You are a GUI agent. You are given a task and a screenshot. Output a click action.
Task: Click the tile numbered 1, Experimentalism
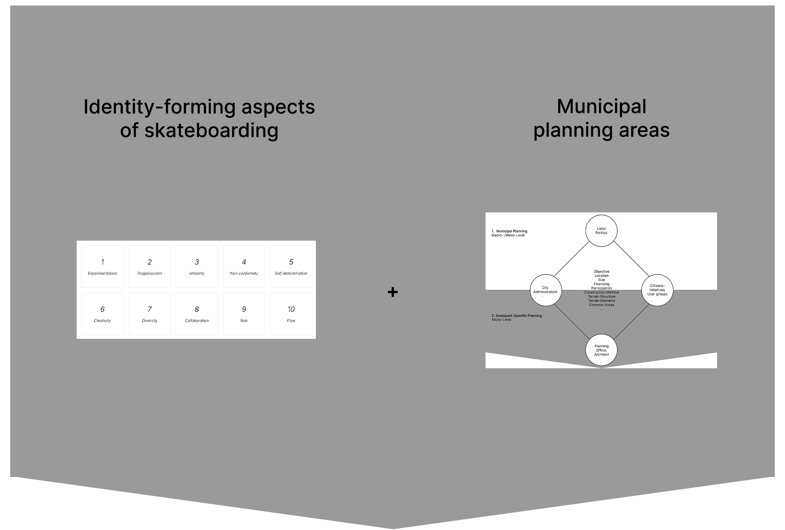click(102, 267)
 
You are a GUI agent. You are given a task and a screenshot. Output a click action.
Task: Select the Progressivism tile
click(150, 267)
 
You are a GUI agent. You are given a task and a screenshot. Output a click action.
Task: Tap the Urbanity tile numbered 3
click(197, 267)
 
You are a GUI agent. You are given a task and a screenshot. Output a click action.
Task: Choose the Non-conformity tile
click(244, 267)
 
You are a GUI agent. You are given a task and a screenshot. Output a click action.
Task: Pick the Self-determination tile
click(291, 267)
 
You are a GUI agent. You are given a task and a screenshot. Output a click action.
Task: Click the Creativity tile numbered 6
click(102, 314)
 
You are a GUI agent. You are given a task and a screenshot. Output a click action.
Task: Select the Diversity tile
click(150, 314)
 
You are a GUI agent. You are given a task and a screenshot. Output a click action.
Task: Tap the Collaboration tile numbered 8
click(197, 314)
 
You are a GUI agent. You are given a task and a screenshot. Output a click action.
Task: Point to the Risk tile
click(244, 314)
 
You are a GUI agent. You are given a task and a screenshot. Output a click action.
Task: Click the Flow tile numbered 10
click(291, 314)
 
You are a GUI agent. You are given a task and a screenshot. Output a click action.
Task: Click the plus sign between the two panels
click(392, 292)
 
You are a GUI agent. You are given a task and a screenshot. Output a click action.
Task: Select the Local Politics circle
click(601, 231)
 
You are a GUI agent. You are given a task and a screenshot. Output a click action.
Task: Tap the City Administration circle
click(546, 290)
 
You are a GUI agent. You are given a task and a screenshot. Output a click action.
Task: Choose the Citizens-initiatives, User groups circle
click(657, 290)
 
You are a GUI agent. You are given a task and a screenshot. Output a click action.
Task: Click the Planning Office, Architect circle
click(601, 350)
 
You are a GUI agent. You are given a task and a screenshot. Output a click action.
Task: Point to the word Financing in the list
click(601, 284)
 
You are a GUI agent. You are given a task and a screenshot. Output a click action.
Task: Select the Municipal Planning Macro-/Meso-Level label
click(509, 233)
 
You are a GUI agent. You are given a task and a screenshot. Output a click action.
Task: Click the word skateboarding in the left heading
click(212, 130)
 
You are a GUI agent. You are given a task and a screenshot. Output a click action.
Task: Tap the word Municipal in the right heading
click(601, 106)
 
